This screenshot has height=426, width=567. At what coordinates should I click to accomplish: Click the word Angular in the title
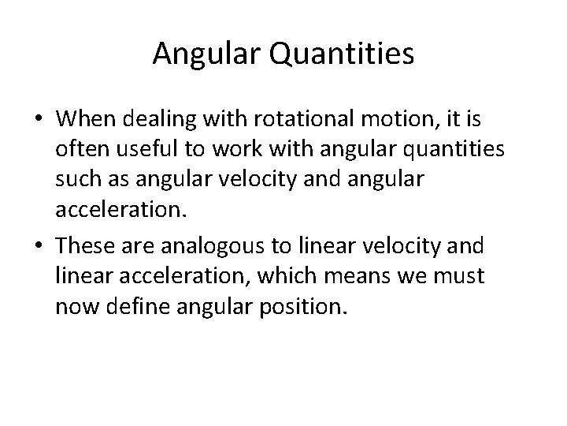[x=199, y=54]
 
